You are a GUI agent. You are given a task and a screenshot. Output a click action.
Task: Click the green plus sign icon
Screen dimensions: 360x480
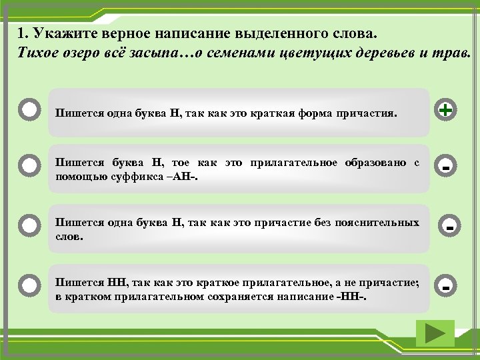[x=445, y=109]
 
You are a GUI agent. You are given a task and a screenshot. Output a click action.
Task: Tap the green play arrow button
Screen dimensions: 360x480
[x=434, y=333]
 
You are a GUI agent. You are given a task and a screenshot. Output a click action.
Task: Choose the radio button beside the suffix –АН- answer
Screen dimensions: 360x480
[x=29, y=164]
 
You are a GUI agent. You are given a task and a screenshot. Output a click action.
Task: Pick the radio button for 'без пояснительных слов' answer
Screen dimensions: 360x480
[x=29, y=225]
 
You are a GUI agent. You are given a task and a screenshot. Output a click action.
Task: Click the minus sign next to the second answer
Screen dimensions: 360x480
[x=445, y=167]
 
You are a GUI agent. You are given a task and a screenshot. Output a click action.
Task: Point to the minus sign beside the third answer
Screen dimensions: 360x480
[x=451, y=229]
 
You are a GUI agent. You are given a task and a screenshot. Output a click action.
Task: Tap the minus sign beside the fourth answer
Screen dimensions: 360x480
[x=445, y=287]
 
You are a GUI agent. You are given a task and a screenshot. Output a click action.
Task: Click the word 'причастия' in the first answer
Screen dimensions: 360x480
[x=365, y=113]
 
